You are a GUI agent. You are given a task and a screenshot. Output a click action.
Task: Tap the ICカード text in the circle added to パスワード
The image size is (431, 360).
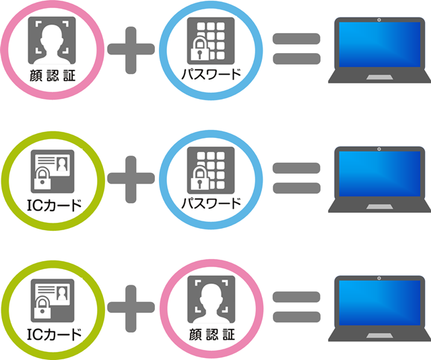(53, 203)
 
